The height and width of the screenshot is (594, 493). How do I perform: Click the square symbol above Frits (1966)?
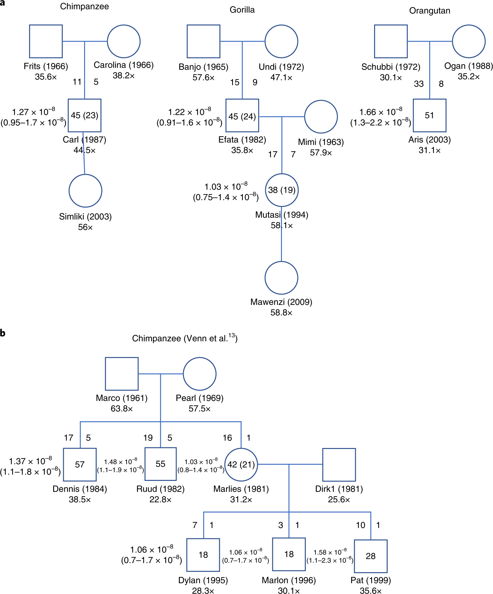pyautogui.click(x=46, y=41)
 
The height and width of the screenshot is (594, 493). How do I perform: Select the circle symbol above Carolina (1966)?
pyautogui.click(x=124, y=41)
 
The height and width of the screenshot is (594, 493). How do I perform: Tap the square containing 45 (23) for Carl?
pyautogui.click(x=84, y=115)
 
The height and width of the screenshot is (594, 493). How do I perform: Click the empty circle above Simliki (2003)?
pyautogui.click(x=85, y=191)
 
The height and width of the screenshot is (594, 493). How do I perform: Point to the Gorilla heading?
pyautogui.click(x=242, y=10)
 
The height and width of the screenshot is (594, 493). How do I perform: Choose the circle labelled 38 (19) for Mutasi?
pyautogui.click(x=282, y=190)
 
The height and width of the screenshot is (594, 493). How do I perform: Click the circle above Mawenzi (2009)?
pyautogui.click(x=281, y=278)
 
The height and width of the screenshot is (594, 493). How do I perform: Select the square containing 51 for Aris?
pyautogui.click(x=430, y=115)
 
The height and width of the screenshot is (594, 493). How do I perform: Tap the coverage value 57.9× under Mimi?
pyautogui.click(x=321, y=153)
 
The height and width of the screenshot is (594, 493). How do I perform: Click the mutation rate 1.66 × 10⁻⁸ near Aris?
pyautogui.click(x=381, y=112)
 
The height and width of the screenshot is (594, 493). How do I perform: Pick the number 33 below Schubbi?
pyautogui.click(x=419, y=84)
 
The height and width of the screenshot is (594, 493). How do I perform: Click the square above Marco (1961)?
pyautogui.click(x=122, y=374)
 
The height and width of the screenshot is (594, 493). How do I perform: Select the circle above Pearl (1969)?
pyautogui.click(x=199, y=374)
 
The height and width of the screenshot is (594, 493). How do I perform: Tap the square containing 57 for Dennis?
pyautogui.click(x=80, y=464)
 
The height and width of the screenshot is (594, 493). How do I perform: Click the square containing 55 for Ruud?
pyautogui.click(x=160, y=464)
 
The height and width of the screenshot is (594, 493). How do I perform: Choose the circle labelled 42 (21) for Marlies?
pyautogui.click(x=241, y=464)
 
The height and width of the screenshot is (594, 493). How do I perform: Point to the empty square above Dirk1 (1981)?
pyautogui.click(x=339, y=464)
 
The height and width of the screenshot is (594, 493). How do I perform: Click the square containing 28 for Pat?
pyautogui.click(x=371, y=556)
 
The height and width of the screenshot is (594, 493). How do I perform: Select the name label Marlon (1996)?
pyautogui.click(x=289, y=580)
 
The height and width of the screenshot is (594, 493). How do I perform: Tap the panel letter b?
pyautogui.click(x=3, y=333)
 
